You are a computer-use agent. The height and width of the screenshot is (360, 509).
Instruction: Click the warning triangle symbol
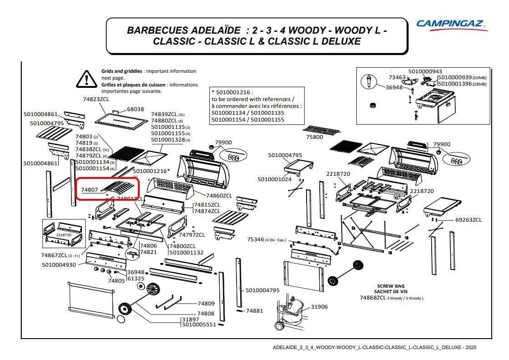pos(86,79)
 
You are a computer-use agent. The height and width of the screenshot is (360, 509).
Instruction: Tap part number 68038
pos(135,109)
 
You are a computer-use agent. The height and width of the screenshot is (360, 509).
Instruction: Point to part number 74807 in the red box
pos(90,190)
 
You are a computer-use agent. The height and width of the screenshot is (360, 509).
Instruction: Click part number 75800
pos(314,137)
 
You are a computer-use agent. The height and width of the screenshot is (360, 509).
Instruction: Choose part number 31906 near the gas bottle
pos(319,307)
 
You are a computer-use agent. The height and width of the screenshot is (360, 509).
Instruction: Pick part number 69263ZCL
pos(468,220)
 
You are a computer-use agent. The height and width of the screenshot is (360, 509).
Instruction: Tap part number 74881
pos(254,311)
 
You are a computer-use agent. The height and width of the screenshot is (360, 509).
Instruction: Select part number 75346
pos(256,239)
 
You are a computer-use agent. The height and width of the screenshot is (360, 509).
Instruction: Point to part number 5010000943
pos(425,71)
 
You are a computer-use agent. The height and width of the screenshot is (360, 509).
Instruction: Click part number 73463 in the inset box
pos(397,78)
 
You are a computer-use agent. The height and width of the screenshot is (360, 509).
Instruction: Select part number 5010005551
pos(199,325)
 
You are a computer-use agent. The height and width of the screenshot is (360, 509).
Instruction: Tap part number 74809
pos(206,304)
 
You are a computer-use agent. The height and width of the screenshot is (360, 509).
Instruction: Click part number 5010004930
pos(59,265)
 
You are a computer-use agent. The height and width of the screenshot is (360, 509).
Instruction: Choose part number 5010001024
pos(274,179)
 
